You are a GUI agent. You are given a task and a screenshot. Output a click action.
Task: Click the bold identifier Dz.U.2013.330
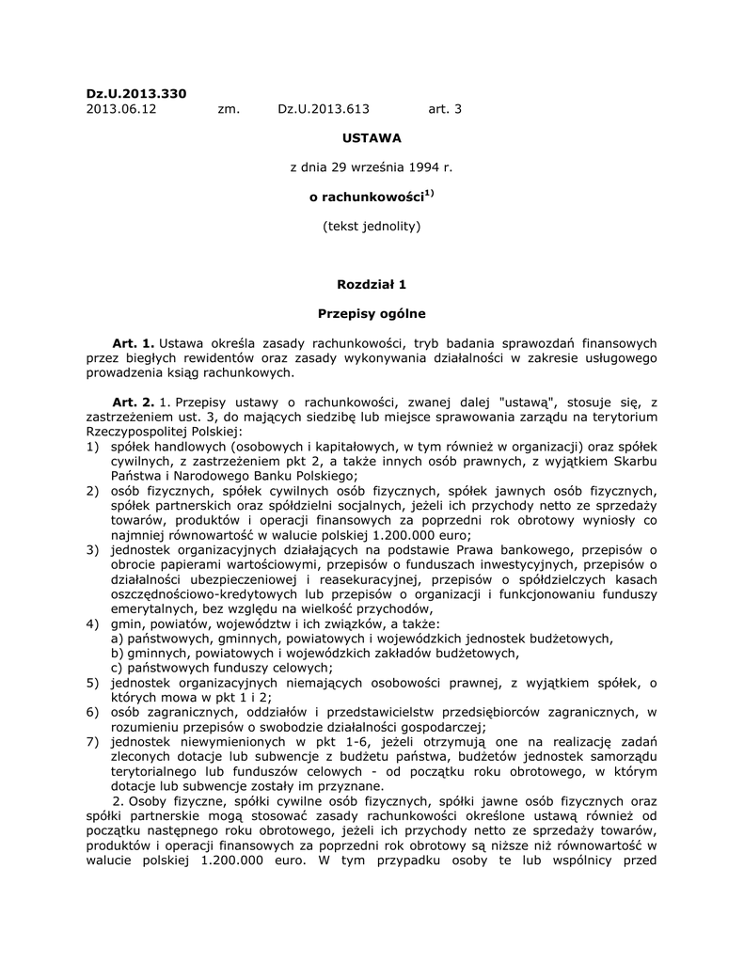(x=136, y=93)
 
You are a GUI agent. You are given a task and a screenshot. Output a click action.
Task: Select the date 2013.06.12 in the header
(x=121, y=109)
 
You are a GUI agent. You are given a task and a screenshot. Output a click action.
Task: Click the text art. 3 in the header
(x=445, y=109)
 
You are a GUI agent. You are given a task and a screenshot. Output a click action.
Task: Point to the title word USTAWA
(x=372, y=137)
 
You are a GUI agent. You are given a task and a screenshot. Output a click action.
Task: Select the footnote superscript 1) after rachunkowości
(x=428, y=194)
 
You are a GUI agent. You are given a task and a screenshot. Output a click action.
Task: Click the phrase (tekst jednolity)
(x=372, y=226)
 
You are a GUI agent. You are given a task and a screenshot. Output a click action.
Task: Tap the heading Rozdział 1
(x=372, y=283)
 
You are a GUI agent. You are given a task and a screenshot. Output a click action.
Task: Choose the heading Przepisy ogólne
(x=372, y=312)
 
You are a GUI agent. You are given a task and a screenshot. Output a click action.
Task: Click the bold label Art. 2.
(x=133, y=401)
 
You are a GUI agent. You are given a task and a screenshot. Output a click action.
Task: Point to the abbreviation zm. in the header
(x=229, y=109)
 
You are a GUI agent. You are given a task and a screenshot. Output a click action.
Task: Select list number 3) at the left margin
(x=92, y=548)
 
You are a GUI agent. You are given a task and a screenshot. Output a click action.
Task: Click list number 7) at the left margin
(x=92, y=741)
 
